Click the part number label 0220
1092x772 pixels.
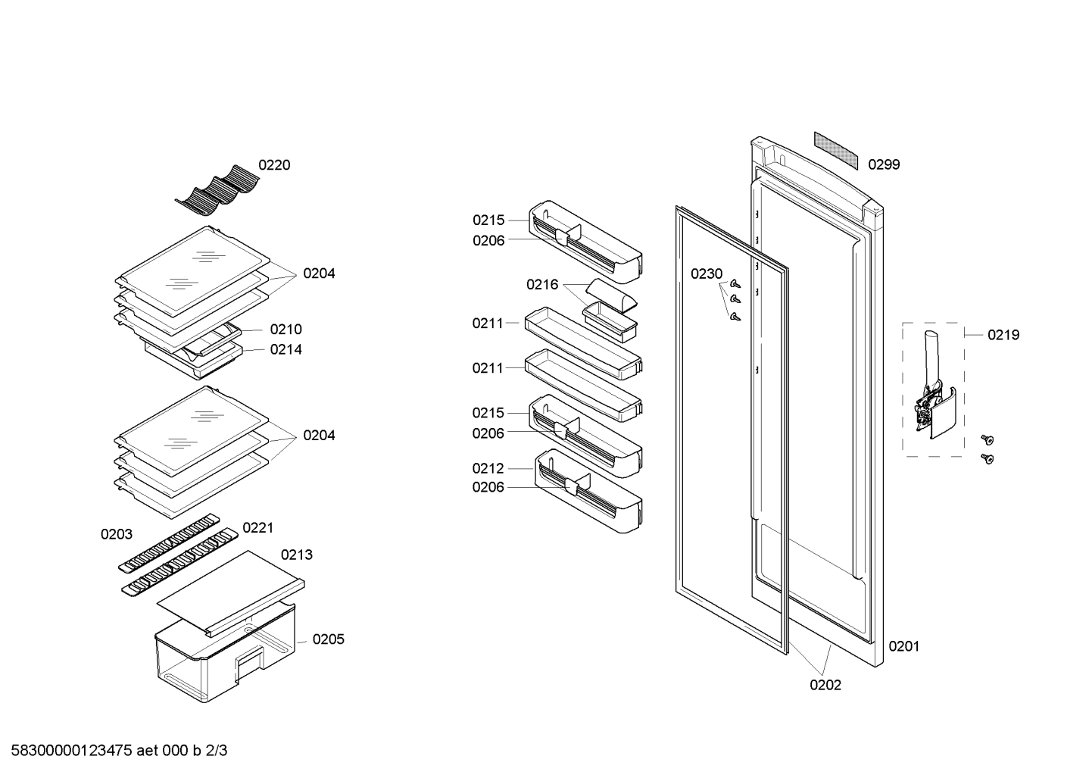tap(274, 165)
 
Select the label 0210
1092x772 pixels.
tap(286, 330)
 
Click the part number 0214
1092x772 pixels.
tap(286, 350)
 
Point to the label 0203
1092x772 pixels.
tap(117, 535)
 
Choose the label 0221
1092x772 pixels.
tap(258, 527)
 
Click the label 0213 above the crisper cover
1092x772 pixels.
tap(296, 555)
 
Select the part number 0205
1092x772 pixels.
tap(329, 639)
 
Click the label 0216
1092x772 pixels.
tap(542, 285)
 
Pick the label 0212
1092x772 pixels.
tap(488, 469)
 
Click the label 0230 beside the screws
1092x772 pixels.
tap(707, 274)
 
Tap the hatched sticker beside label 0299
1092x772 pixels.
tap(835, 150)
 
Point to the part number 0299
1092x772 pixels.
tap(884, 165)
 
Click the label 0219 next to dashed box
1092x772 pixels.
tap(1003, 335)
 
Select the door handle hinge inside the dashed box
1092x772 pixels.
tap(934, 390)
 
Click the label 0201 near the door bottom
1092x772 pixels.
tap(904, 647)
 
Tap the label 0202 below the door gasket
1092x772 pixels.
tap(825, 686)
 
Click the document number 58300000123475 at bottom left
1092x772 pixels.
tap(71, 751)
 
